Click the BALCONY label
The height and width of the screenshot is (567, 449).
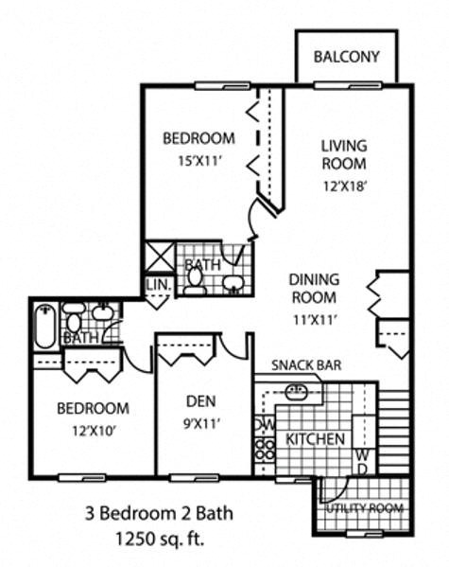pos(347,57)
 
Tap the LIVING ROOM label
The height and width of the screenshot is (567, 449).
pos(342,155)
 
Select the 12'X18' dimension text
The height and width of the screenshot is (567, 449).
pos(342,186)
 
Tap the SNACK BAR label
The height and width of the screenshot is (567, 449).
pos(306,365)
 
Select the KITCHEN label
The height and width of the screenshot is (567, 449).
pos(315,439)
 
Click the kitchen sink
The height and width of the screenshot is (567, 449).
pos(296,390)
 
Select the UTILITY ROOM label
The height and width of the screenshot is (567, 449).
pos(365,509)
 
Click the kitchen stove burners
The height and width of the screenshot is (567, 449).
pos(264,452)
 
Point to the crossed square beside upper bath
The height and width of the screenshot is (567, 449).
pos(156,255)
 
